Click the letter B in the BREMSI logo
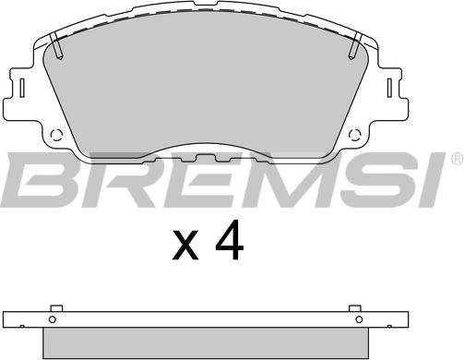coord(43,180)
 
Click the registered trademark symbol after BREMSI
coord(458,159)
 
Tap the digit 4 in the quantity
coord(230,241)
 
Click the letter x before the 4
coord(185,245)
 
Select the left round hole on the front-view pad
coord(56,135)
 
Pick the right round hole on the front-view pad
coord(355,135)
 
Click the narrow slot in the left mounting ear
coord(22,88)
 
